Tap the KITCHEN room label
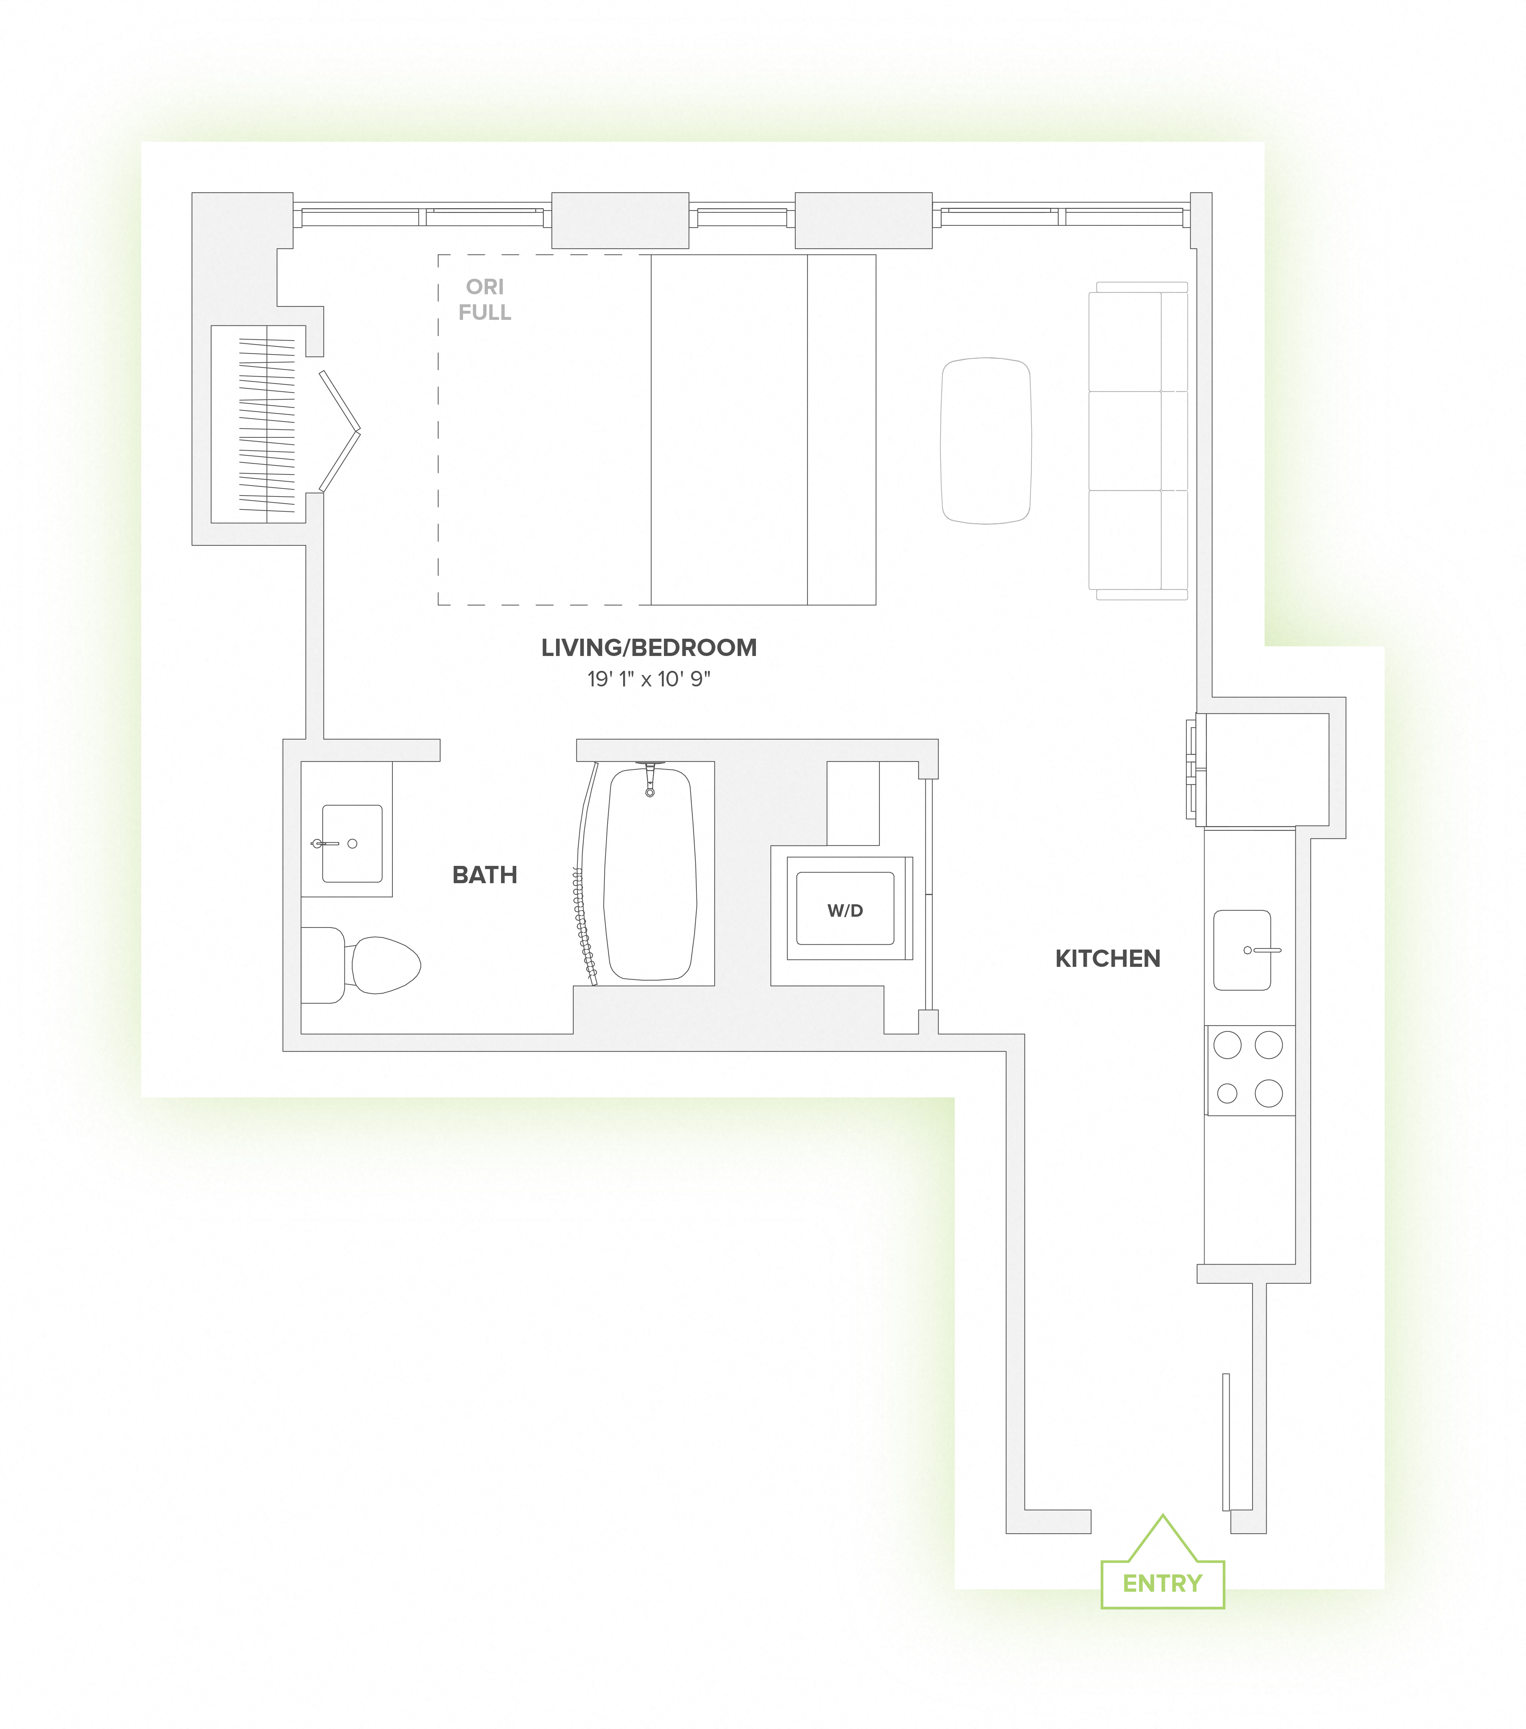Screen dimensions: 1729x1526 pyautogui.click(x=1107, y=959)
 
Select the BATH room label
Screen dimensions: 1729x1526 pyautogui.click(x=485, y=875)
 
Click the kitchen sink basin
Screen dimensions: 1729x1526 pyautogui.click(x=1242, y=950)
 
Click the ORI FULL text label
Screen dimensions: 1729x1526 pyautogui.click(x=485, y=299)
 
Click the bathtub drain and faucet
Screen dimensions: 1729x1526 pyautogui.click(x=650, y=778)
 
